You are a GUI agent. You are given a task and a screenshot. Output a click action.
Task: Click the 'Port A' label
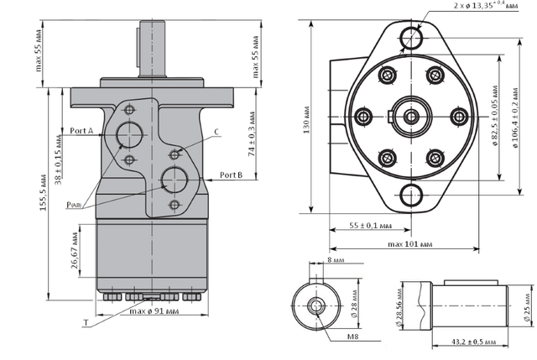[x=81, y=131]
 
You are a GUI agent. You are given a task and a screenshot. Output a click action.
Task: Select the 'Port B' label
[x=232, y=175]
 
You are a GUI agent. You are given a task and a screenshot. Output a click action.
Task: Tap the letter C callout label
[x=216, y=132]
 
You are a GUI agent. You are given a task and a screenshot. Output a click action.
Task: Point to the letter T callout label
[x=86, y=323]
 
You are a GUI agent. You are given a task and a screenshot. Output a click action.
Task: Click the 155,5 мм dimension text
[x=43, y=193]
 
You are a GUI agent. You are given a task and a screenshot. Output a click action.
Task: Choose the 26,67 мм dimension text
[x=75, y=250]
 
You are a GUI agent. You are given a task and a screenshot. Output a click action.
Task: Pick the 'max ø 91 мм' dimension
[x=154, y=311]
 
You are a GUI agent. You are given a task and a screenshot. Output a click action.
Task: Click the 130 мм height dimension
[x=306, y=119]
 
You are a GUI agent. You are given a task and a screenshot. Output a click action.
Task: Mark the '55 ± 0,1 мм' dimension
[x=371, y=226]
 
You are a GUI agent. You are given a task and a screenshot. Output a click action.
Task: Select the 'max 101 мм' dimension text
[x=410, y=244]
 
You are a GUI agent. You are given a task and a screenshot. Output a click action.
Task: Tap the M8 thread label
[x=353, y=337]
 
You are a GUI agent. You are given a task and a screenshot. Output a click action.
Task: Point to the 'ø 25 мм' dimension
[x=528, y=307]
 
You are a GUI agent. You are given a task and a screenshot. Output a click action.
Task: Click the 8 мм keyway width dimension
[x=336, y=260]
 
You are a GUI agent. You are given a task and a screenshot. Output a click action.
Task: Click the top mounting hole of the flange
[x=411, y=38]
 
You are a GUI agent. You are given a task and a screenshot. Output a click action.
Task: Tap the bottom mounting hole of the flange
[x=411, y=196]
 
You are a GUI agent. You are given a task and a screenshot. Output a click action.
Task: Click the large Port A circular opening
[x=130, y=134]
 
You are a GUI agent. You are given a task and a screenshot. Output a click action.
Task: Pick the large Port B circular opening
[x=175, y=180]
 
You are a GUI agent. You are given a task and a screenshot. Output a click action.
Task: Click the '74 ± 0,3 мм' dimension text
[x=252, y=133]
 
